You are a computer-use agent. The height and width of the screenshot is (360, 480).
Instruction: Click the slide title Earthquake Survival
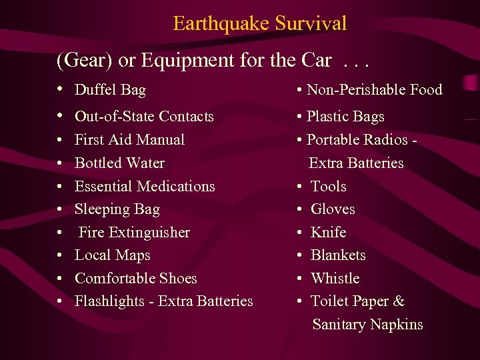click(259, 24)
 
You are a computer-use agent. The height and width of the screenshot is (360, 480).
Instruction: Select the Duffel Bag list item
click(110, 90)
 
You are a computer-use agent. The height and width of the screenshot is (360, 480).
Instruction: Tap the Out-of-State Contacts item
click(144, 117)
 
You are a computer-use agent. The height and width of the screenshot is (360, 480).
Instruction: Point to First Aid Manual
click(129, 140)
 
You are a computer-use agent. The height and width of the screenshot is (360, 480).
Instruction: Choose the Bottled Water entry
click(119, 163)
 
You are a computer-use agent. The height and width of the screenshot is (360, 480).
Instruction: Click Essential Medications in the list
click(145, 186)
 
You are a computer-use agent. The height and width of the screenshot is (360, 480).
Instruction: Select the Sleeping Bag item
click(117, 209)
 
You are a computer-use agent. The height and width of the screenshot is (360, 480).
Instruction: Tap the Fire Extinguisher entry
click(134, 233)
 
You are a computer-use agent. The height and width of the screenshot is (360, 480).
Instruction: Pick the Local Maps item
click(112, 255)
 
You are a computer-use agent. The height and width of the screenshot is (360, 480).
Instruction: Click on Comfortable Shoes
click(135, 279)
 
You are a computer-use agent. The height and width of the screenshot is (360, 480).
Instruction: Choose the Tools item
click(329, 186)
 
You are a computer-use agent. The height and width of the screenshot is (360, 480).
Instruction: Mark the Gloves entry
click(333, 209)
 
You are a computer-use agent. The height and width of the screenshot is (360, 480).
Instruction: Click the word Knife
click(329, 233)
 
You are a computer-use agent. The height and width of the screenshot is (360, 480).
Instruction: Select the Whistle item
click(335, 279)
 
